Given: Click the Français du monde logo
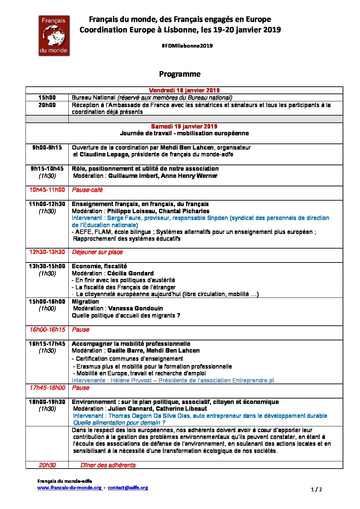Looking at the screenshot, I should tap(54, 35).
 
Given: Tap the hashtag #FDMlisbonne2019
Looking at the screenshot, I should tap(187, 46).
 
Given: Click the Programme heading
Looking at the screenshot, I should tap(180, 74).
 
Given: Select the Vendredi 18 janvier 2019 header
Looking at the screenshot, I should tap(184, 90).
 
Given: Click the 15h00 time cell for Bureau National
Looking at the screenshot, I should tap(47, 98).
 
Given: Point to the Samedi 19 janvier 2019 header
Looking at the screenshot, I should tap(184, 126).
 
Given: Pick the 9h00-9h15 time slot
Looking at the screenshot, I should tap(47, 148).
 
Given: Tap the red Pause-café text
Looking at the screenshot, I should tap(87, 190).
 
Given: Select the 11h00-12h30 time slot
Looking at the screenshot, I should tap(47, 204).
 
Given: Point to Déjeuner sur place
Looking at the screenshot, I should tap(97, 252).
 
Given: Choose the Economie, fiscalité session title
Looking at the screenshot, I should tap(99, 266).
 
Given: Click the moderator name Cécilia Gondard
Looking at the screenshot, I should tap(130, 273).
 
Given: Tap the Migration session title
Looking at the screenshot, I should tap(85, 302).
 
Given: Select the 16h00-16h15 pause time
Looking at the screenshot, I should tap(47, 329).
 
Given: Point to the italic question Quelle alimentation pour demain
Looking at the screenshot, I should tap(119, 423).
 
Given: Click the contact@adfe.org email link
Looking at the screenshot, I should tap(128, 488).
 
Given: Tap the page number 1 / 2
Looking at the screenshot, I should tap(316, 490).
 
